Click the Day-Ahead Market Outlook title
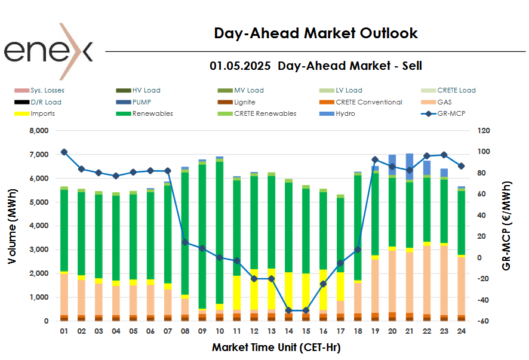[x=316, y=33]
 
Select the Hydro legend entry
[x=345, y=113]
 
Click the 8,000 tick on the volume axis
[x=38, y=131]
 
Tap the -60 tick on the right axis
[x=483, y=321]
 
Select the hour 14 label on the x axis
[x=288, y=331]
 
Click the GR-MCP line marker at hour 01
[x=64, y=152]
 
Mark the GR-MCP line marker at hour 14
[x=288, y=310]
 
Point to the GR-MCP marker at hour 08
[x=185, y=242]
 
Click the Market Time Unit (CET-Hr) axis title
[x=276, y=347]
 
